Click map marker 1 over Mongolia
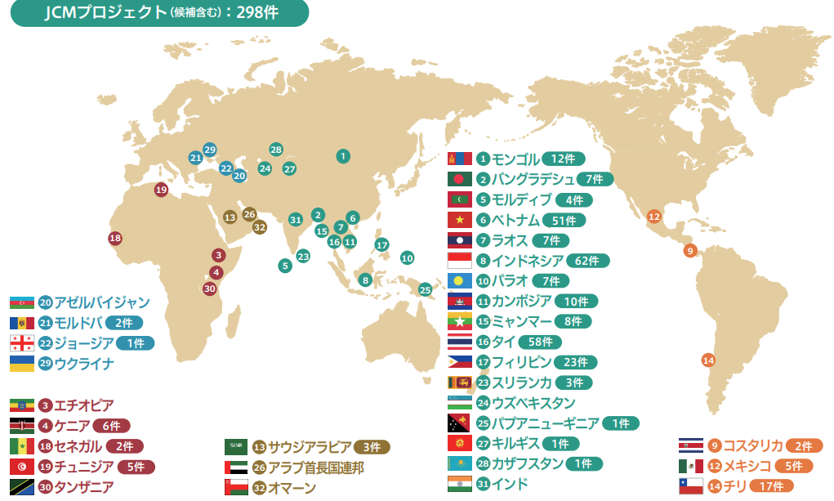(344, 155)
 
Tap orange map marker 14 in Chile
(708, 360)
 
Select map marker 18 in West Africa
(115, 238)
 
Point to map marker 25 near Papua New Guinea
(425, 289)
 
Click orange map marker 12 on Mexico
(653, 217)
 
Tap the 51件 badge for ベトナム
(564, 220)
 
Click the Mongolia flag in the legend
(461, 159)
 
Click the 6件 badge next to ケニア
(111, 426)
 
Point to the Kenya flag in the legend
(22, 426)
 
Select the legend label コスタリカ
(752, 445)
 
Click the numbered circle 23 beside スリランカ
(484, 382)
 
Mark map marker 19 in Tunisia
(161, 190)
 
